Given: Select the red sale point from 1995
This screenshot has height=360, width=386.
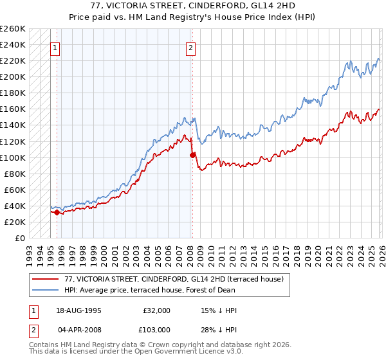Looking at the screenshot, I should point(57,212).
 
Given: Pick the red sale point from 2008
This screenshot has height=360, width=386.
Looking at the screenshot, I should point(192,155).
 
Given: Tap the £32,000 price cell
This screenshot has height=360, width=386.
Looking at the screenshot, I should point(156,310).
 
